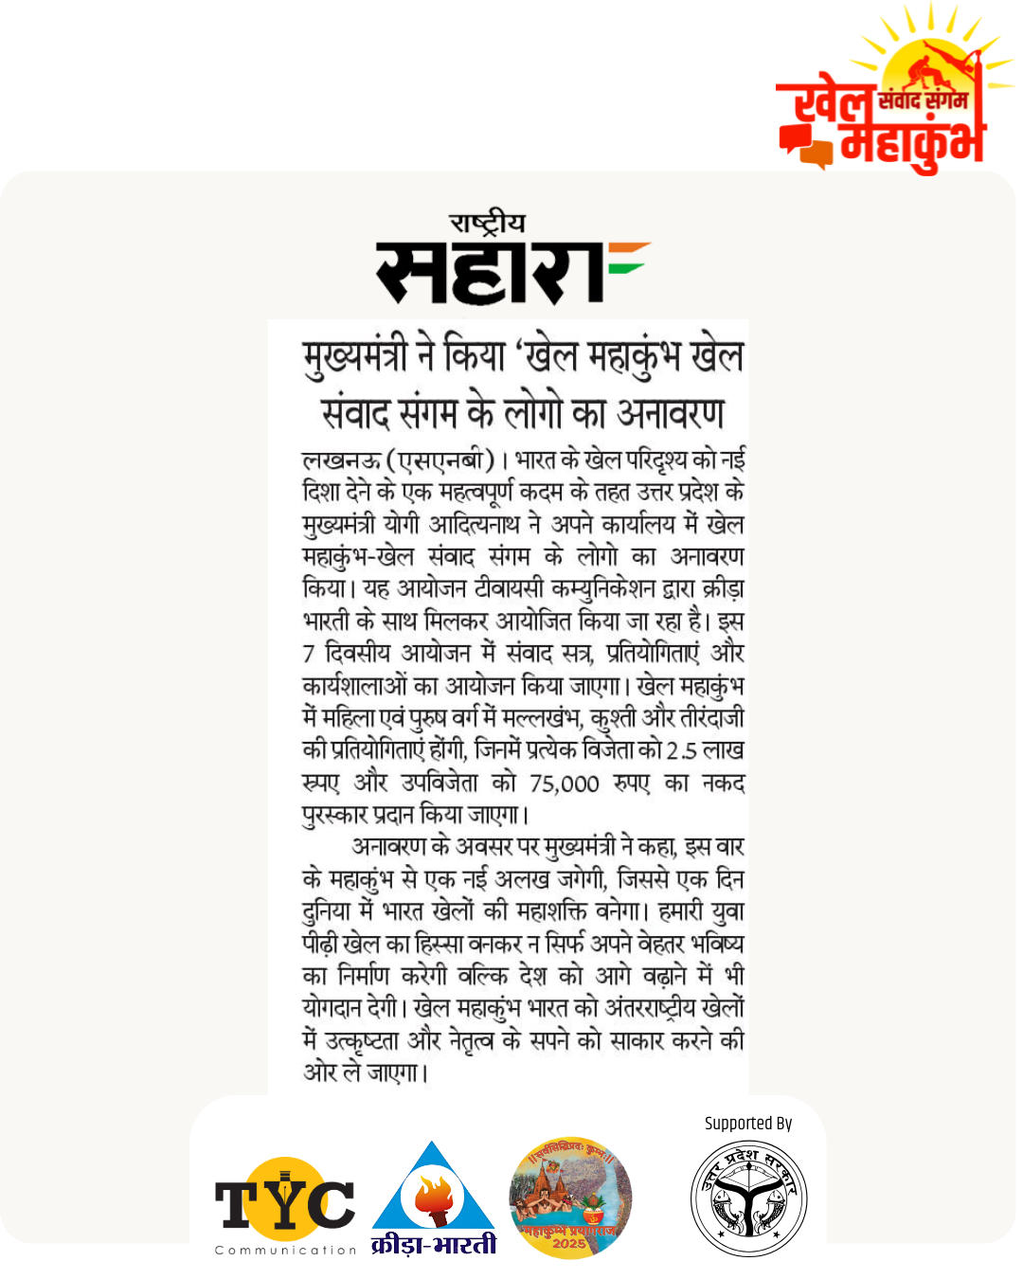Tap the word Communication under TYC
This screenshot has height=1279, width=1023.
tap(285, 1251)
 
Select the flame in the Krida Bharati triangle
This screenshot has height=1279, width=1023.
tap(433, 1197)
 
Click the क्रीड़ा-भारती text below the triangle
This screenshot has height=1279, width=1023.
tap(433, 1244)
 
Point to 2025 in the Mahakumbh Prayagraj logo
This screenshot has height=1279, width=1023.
tap(569, 1243)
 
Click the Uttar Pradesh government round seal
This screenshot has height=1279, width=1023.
tap(748, 1198)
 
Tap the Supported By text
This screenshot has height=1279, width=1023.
tap(748, 1124)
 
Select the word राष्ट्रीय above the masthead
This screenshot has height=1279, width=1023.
tap(488, 225)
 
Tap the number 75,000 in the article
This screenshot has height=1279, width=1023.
tap(565, 784)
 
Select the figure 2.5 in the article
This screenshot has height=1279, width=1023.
tap(681, 751)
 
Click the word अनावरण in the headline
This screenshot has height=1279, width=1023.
tap(670, 413)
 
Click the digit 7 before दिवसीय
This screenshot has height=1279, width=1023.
tap(309, 654)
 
